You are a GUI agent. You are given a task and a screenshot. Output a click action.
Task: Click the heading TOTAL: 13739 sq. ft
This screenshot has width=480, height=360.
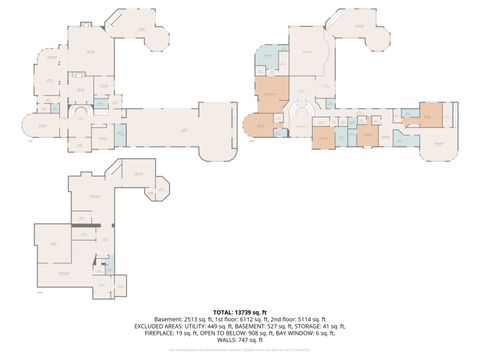240,312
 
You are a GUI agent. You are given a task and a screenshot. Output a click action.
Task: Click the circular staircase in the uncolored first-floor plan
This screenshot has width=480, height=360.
93,113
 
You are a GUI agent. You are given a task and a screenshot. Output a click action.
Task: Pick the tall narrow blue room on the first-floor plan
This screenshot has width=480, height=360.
119,134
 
